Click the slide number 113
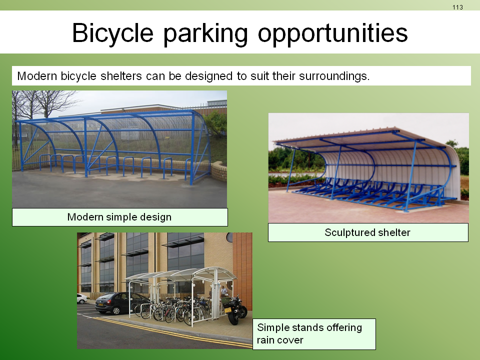[457, 7]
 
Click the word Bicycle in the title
[112, 33]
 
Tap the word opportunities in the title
[333, 33]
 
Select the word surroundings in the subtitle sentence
[334, 76]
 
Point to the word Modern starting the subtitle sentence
[37, 76]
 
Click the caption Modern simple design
[119, 217]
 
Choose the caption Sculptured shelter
[367, 232]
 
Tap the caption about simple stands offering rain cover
[309, 333]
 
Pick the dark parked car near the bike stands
[121, 303]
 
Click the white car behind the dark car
[81, 298]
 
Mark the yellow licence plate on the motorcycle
[228, 310]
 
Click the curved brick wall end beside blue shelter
[219, 171]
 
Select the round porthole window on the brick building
[229, 237]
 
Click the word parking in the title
[205, 33]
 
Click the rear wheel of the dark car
[116, 310]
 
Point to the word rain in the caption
[265, 340]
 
